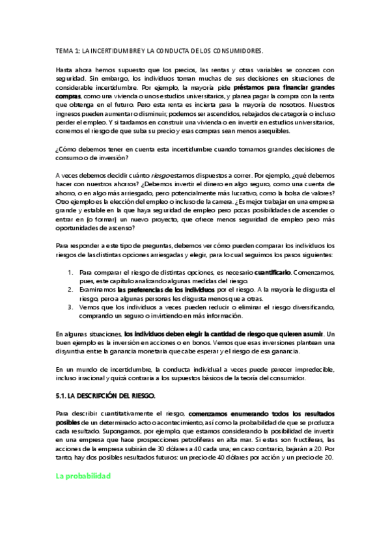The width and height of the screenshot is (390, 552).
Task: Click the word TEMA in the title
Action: [64, 50]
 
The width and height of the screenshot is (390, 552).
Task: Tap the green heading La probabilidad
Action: [83, 476]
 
